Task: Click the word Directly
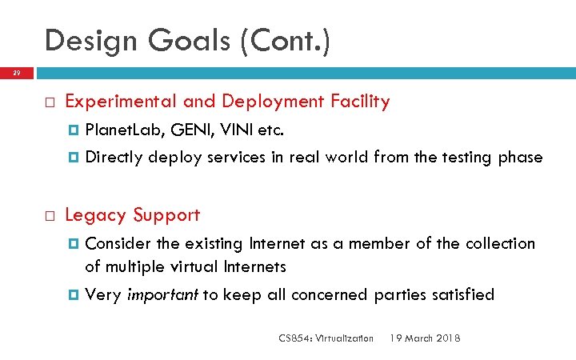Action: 114,157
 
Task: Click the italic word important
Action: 163,294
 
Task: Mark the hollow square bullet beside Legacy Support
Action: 49,216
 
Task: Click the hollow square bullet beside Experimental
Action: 49,102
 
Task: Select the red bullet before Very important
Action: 74,295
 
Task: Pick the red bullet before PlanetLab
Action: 74,130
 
